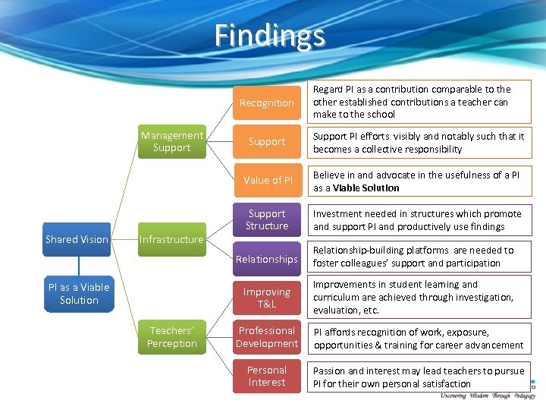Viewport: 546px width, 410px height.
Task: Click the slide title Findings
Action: tap(270, 36)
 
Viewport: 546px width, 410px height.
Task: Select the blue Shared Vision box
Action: tap(77, 239)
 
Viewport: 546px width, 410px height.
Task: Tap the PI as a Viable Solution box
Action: tap(79, 294)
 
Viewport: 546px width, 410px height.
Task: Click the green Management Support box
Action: tap(171, 142)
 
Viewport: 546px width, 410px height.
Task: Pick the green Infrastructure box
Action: tap(171, 239)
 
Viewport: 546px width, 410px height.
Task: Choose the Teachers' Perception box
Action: tap(171, 337)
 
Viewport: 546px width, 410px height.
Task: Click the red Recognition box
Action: tap(266, 102)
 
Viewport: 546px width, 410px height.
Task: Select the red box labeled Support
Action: tap(266, 142)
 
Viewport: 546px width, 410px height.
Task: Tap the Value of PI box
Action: tap(266, 180)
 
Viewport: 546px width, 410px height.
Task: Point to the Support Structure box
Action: tap(266, 220)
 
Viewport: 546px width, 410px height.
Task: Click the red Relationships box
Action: tap(266, 259)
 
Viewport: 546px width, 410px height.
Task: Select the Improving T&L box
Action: tap(266, 298)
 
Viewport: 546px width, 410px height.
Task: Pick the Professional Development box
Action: tap(266, 337)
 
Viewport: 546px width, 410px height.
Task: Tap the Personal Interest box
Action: tap(266, 377)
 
